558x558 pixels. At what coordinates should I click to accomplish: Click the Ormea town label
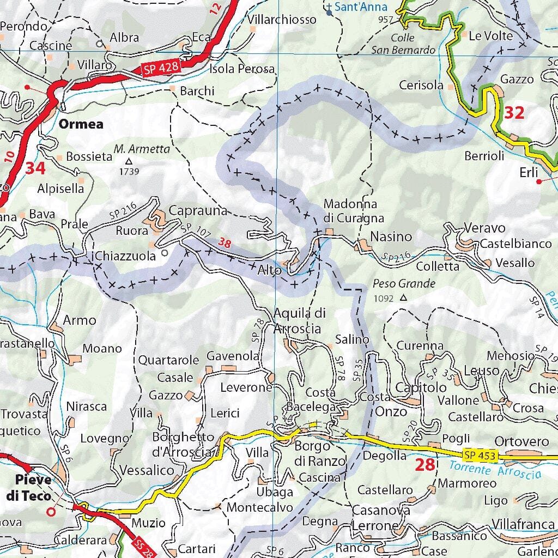tap(81, 124)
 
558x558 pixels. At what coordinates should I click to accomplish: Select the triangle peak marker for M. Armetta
tap(129, 161)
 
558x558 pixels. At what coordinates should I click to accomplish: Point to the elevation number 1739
tap(129, 172)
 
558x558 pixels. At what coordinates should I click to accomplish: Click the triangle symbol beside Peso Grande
tap(403, 298)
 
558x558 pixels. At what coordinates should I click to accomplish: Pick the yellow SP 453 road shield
tap(480, 454)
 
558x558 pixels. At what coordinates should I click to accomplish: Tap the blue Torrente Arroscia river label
tap(496, 470)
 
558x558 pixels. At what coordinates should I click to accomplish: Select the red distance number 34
tap(35, 168)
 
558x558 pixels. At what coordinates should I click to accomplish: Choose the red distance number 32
tap(514, 113)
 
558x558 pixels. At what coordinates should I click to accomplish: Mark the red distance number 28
tap(425, 465)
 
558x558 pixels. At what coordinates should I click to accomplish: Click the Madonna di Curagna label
tap(354, 211)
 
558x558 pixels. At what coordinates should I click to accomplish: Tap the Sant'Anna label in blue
tap(361, 7)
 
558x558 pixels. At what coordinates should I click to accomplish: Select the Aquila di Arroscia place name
tap(300, 320)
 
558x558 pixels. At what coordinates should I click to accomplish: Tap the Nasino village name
tap(391, 236)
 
